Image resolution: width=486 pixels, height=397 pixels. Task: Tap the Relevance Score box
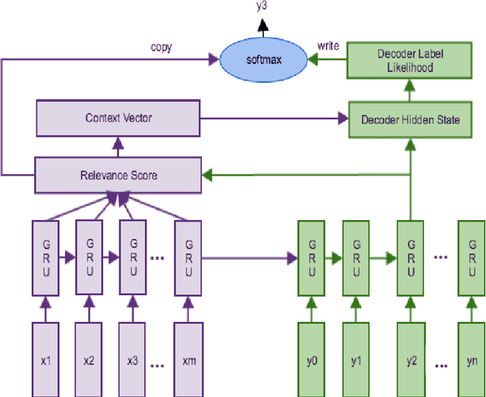point(118,175)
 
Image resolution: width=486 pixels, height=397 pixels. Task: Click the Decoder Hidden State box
point(410,119)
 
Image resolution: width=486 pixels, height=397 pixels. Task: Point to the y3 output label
point(261,7)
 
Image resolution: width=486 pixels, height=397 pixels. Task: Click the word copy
point(162,47)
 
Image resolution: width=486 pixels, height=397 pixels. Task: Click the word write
point(327,46)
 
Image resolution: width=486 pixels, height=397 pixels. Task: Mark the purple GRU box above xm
point(188,258)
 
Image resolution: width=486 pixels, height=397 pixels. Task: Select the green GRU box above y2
point(410,258)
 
